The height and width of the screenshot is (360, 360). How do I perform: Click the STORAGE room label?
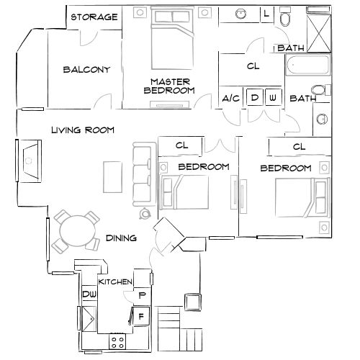click(x=94, y=17)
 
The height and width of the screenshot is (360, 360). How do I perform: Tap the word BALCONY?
click(x=86, y=70)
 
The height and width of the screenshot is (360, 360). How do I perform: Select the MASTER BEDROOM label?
click(x=170, y=86)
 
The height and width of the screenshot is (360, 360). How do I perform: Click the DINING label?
click(x=121, y=238)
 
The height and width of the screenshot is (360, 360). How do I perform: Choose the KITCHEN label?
click(x=114, y=282)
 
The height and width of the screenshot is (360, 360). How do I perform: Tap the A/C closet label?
click(x=230, y=98)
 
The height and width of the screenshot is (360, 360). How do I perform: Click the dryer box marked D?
click(x=254, y=97)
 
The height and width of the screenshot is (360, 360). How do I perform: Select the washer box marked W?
click(x=272, y=97)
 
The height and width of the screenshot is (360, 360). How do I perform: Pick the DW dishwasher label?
click(x=89, y=294)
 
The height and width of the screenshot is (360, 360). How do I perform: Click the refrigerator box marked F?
click(x=141, y=315)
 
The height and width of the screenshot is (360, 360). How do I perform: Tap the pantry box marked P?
click(x=142, y=294)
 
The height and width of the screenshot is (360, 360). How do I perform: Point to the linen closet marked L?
click(x=266, y=14)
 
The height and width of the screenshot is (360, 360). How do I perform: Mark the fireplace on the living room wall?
click(x=30, y=163)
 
